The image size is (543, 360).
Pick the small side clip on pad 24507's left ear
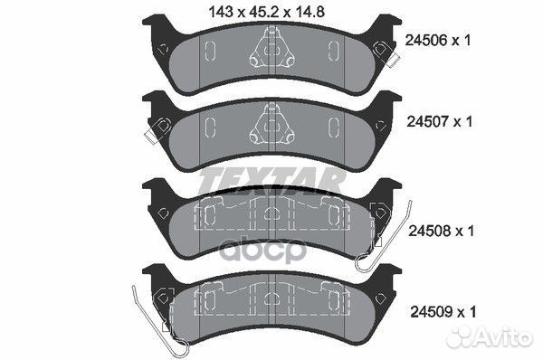click(x=151, y=133)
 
